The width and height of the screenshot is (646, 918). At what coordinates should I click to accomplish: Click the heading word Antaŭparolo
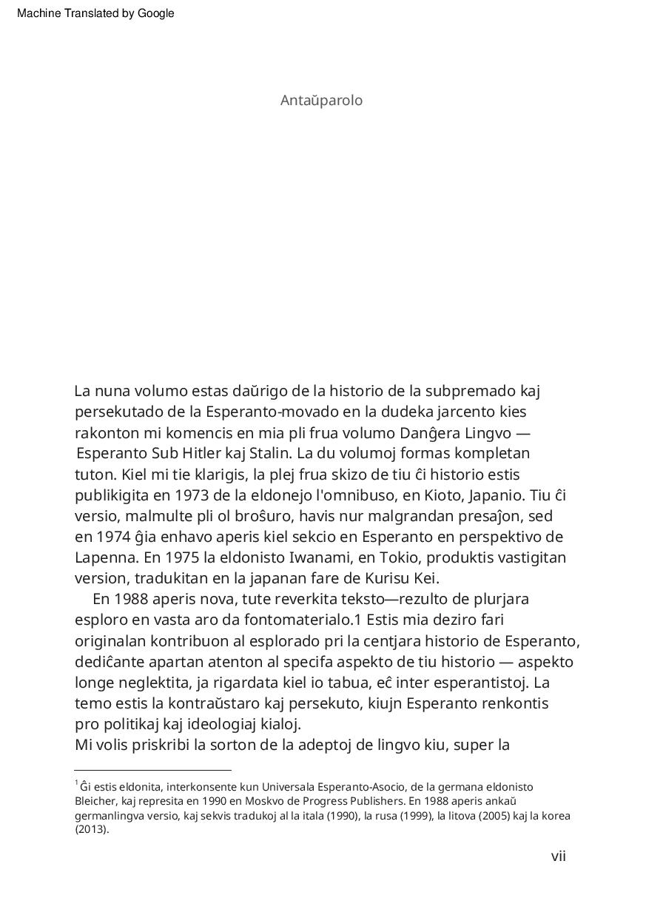[x=321, y=101]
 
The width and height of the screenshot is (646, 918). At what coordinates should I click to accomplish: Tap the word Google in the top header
[x=155, y=13]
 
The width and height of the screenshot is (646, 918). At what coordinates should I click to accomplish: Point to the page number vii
[x=558, y=857]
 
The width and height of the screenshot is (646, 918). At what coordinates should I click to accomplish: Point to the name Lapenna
[x=103, y=557]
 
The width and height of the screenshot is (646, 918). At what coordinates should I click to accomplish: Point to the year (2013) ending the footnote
[x=92, y=829]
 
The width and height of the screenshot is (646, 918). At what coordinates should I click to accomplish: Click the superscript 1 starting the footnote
[x=76, y=783]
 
